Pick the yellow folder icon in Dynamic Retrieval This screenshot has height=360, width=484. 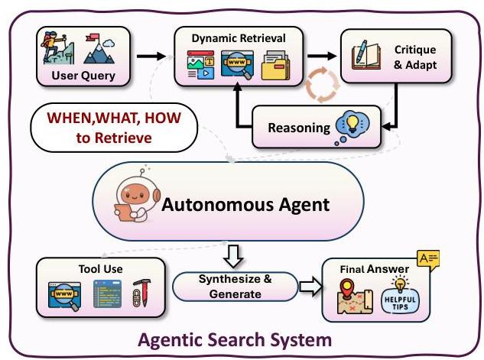[277, 66]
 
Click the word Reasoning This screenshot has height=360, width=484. [297, 126]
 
